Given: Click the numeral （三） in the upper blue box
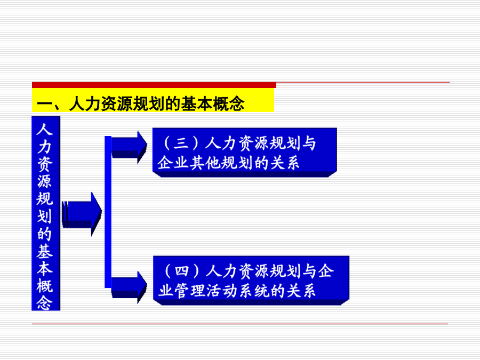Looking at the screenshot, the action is (x=181, y=143).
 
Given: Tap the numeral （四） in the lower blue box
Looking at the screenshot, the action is (x=182, y=271).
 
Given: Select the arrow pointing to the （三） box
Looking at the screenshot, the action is (x=129, y=147).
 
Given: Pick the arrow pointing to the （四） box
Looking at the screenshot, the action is (x=129, y=287).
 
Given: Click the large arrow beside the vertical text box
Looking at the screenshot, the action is (x=82, y=214).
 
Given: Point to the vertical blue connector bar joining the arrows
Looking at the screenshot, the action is (x=108, y=212).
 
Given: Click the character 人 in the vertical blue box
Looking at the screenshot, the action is (x=45, y=130).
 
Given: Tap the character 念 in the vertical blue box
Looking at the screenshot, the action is (x=45, y=302).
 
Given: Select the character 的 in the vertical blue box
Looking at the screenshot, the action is (x=45, y=234).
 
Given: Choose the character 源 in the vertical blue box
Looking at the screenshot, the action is (x=45, y=181).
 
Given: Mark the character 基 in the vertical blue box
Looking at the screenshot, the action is (x=45, y=251).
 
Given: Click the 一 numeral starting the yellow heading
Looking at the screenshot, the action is (x=45, y=103).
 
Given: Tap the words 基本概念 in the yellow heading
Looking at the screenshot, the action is (x=213, y=103).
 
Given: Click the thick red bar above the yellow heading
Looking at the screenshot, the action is (x=154, y=85).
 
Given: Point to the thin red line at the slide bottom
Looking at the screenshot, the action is (x=239, y=324).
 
